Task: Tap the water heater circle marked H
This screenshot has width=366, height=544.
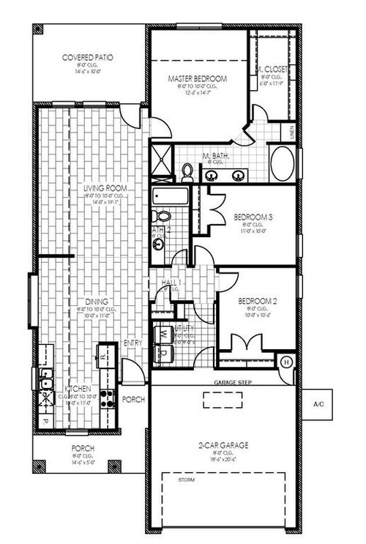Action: tap(286, 362)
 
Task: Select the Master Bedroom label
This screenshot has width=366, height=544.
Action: tap(197, 78)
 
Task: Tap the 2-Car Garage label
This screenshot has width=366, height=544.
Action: tap(224, 444)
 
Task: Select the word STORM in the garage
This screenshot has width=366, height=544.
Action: tap(187, 480)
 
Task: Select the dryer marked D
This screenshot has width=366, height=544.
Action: tap(165, 354)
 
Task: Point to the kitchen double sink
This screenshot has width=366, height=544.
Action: tap(45, 379)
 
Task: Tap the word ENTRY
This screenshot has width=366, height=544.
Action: tap(133, 343)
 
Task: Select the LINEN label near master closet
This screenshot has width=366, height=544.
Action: tap(292, 133)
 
